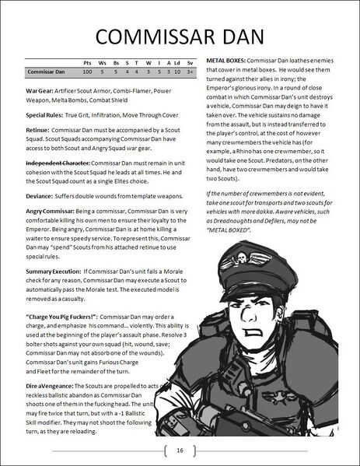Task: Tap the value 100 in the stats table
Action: (89, 71)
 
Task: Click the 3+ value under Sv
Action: (190, 71)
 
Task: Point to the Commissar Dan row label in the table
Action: (44, 71)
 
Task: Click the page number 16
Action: (180, 450)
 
